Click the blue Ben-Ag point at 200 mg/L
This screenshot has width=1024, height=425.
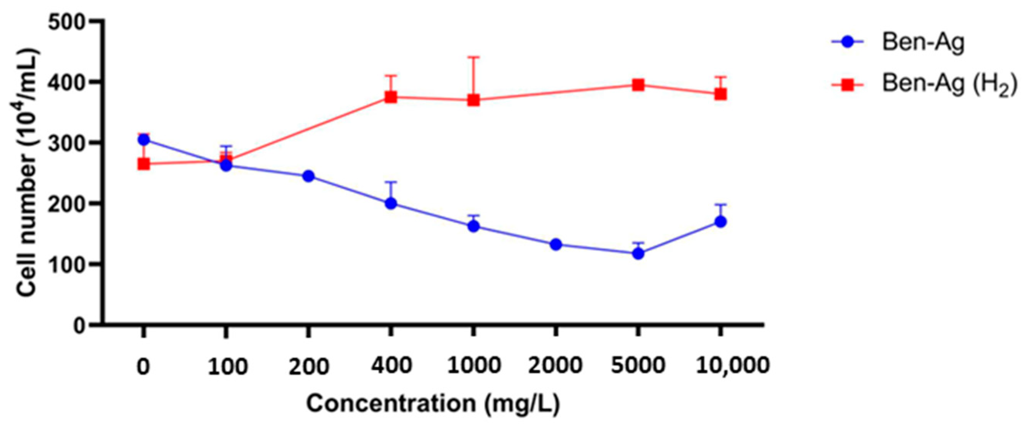click(308, 176)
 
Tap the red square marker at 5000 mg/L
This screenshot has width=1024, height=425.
click(638, 85)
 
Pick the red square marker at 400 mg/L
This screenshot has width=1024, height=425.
click(391, 97)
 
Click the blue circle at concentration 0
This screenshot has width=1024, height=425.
click(143, 140)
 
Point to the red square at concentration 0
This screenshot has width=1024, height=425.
click(143, 164)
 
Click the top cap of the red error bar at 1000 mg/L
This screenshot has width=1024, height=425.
click(473, 57)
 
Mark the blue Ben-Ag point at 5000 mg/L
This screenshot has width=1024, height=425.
click(638, 253)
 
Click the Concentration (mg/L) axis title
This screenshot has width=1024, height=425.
click(433, 404)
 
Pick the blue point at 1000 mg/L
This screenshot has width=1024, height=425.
click(473, 227)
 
